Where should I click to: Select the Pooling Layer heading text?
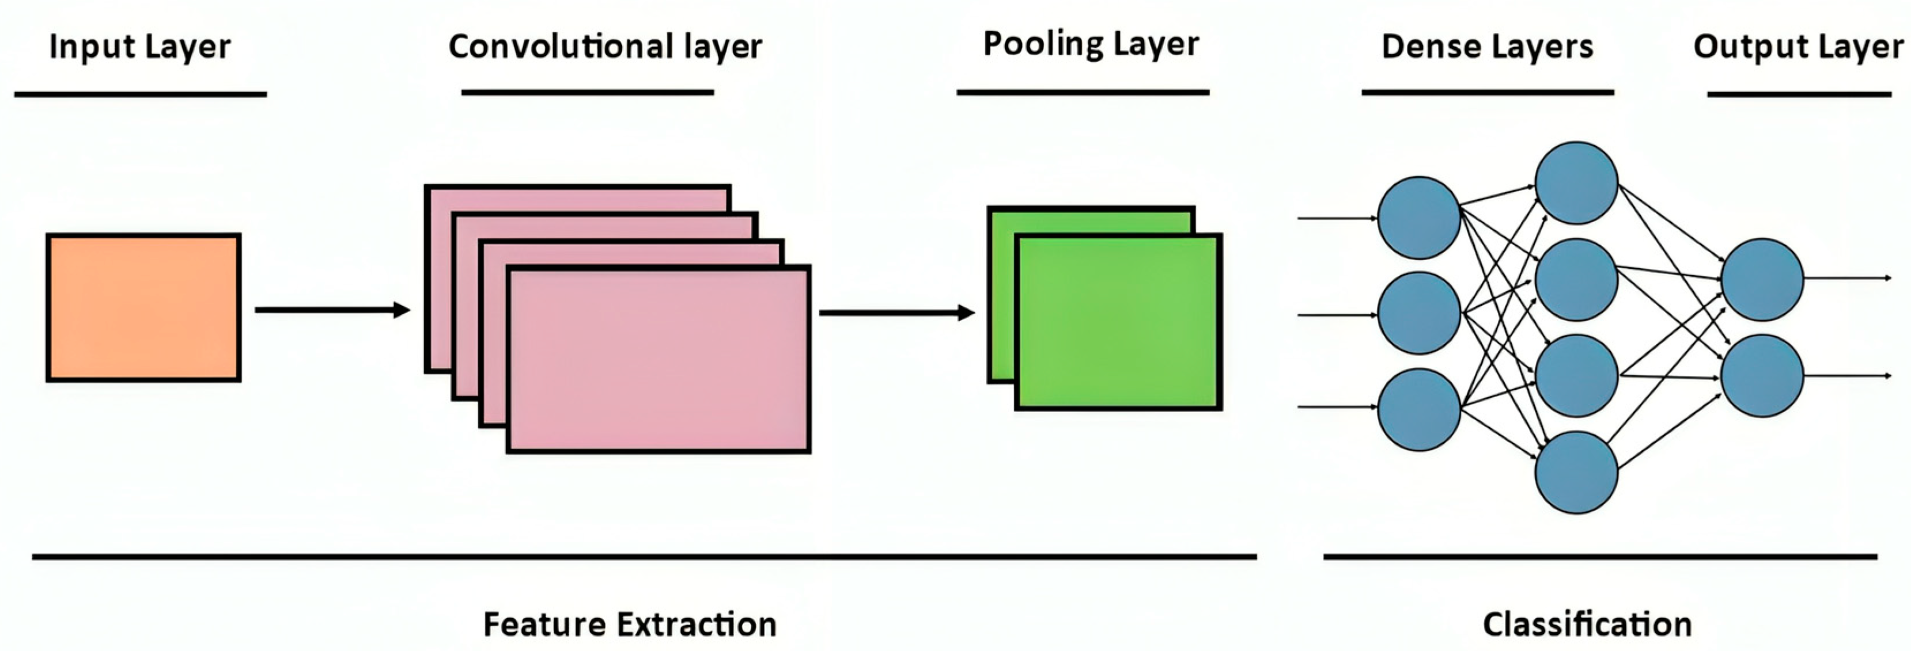(x=1091, y=44)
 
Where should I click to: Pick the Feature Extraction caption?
(x=630, y=625)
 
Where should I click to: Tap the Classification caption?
(x=1587, y=625)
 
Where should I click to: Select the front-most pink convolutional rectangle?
(x=658, y=360)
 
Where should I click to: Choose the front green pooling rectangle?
(x=1117, y=322)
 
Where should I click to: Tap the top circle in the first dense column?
(x=1418, y=217)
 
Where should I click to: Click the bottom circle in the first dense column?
(x=1418, y=409)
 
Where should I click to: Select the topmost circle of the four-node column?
(x=1576, y=182)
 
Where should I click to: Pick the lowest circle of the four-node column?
(x=1576, y=473)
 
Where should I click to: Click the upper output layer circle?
(x=1762, y=280)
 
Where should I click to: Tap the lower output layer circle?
(x=1762, y=375)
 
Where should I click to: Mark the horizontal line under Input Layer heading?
(x=140, y=94)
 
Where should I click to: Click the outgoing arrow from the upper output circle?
(x=1847, y=278)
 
